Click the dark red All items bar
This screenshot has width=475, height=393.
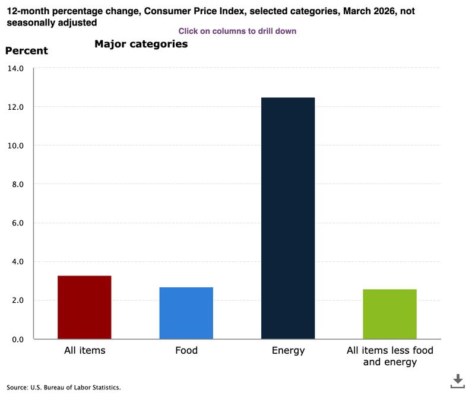click(84, 307)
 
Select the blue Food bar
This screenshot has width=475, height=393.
click(186, 313)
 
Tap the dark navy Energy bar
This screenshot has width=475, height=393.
click(288, 218)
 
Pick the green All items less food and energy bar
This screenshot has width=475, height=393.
click(389, 314)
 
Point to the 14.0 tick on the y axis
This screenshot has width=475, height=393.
click(15, 68)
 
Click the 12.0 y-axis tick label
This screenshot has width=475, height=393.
click(15, 107)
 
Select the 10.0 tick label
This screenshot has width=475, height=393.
click(15, 145)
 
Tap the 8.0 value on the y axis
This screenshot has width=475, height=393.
click(17, 184)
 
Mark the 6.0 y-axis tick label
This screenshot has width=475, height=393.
click(17, 223)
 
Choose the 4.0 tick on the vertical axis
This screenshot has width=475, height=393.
click(17, 262)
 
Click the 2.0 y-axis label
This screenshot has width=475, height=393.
click(17, 300)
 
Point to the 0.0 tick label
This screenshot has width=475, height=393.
click(17, 339)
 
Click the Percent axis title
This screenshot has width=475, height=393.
click(27, 50)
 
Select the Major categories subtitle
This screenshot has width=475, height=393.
click(141, 44)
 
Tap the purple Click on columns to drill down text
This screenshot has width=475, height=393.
click(237, 31)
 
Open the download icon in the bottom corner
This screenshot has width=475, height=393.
click(457, 381)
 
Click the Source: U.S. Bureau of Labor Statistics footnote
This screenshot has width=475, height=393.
click(64, 387)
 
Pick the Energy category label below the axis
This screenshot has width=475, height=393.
click(288, 350)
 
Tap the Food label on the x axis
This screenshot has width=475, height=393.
click(186, 350)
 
